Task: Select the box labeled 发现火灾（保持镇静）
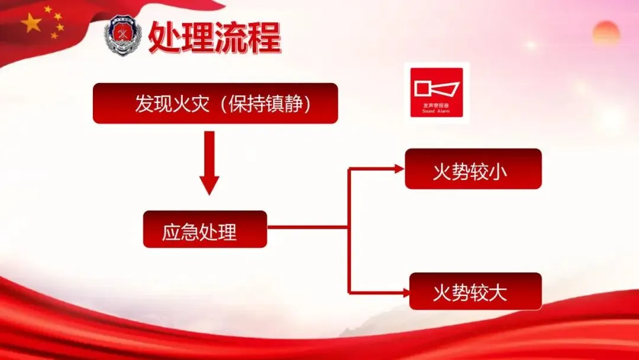(x=215, y=104)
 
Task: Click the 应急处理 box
(x=205, y=230)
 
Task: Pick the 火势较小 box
(x=473, y=169)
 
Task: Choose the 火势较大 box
(x=475, y=292)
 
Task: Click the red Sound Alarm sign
(x=437, y=91)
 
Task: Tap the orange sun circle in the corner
(x=606, y=33)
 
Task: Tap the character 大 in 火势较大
(x=498, y=292)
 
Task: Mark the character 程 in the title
(x=263, y=37)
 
